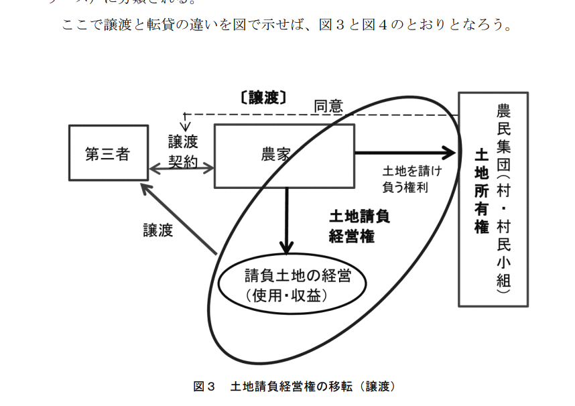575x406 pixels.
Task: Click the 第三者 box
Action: (107, 153)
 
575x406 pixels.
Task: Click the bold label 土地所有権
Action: (481, 192)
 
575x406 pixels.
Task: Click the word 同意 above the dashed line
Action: (328, 106)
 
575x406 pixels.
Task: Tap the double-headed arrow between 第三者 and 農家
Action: (181, 170)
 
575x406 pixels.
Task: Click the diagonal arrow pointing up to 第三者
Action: (178, 218)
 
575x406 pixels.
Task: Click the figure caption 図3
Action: (203, 387)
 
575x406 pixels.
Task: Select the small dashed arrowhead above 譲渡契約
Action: (186, 125)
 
